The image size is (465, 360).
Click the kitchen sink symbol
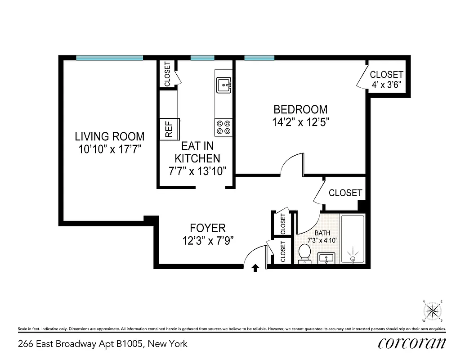click(224, 84)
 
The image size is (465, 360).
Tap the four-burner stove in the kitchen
click(224, 127)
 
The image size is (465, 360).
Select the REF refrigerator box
click(169, 130)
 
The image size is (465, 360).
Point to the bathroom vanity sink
click(326, 259)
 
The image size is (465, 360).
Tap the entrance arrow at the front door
click(255, 268)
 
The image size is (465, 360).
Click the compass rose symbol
click(432, 310)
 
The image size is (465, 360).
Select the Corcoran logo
click(412, 343)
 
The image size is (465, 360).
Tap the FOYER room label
click(207, 228)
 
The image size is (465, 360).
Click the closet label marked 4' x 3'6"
click(386, 84)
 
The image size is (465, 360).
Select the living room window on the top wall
click(109, 58)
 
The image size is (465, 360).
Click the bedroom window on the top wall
click(259, 58)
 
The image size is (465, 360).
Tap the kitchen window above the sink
click(202, 58)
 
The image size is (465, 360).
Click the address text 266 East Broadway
click(103, 344)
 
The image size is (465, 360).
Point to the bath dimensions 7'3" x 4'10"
click(322, 240)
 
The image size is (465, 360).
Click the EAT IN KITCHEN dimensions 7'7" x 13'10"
click(197, 171)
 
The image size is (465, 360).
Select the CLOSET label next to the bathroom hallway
click(345, 193)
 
